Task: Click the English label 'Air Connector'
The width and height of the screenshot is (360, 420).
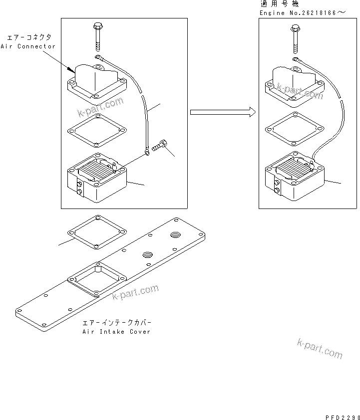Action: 30,46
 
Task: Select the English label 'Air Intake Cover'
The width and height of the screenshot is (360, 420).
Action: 116,332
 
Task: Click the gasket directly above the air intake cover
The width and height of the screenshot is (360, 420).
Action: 96,232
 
